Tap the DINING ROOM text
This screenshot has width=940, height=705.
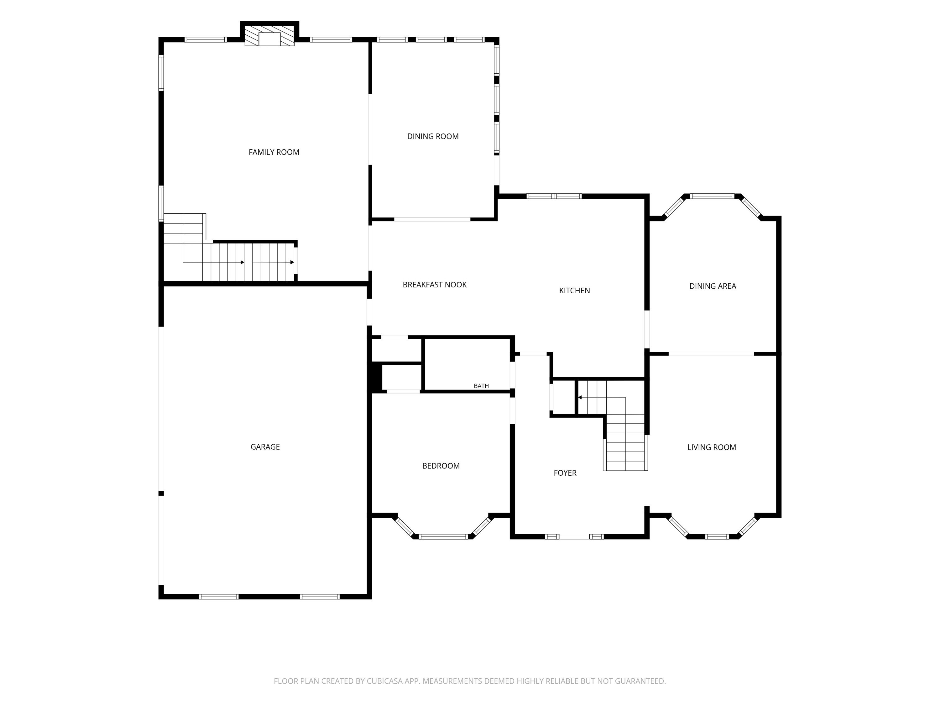click(x=433, y=136)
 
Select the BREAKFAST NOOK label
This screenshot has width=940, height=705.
click(x=434, y=285)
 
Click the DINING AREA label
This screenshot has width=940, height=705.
click(x=713, y=286)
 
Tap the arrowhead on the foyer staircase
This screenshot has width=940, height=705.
click(x=580, y=397)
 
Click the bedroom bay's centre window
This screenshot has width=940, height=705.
click(x=443, y=537)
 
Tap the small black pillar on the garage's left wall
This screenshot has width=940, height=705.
click(x=161, y=494)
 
